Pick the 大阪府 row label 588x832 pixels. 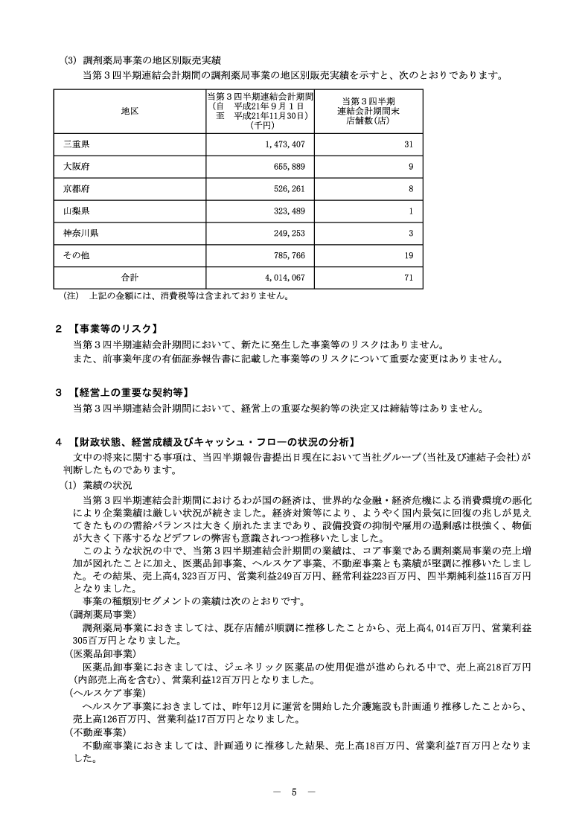coord(77,167)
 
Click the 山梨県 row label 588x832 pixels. coord(77,211)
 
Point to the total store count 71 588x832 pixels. coord(407,278)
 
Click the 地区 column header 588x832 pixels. coord(130,110)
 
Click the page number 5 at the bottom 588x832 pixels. coord(294,792)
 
